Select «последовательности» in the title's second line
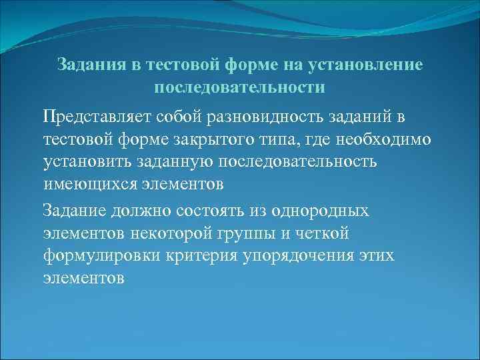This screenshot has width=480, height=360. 239,87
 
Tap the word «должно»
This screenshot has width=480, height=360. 149,211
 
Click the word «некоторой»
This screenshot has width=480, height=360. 177,233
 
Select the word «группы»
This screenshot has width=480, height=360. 253,233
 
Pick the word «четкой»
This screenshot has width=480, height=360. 326,233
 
